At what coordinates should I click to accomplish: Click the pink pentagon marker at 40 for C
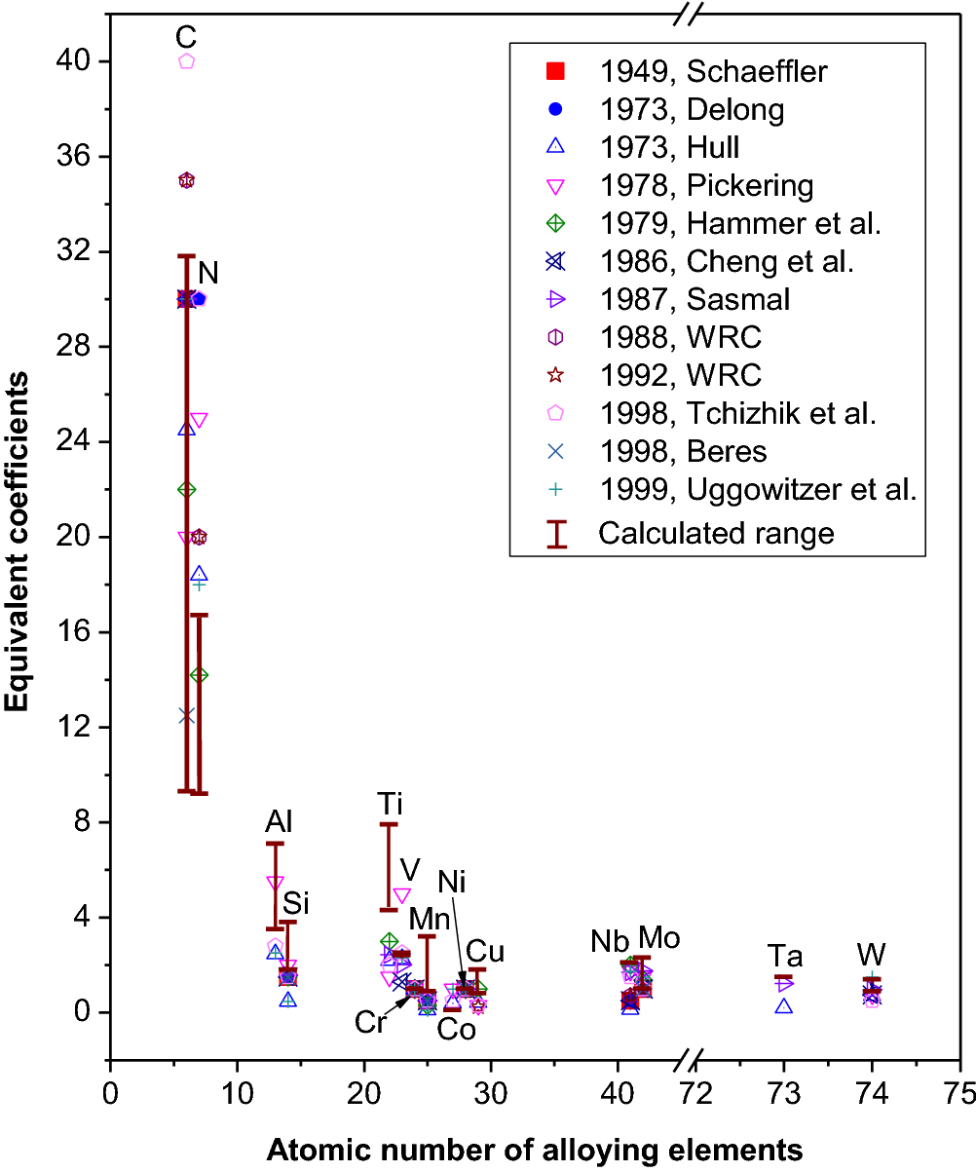(187, 60)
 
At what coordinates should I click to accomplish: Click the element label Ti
(390, 804)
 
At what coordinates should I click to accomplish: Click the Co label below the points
(455, 1029)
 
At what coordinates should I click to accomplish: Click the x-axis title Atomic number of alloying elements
(534, 1151)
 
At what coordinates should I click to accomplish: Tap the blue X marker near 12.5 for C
(187, 715)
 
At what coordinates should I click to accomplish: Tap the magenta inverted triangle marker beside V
(401, 894)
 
